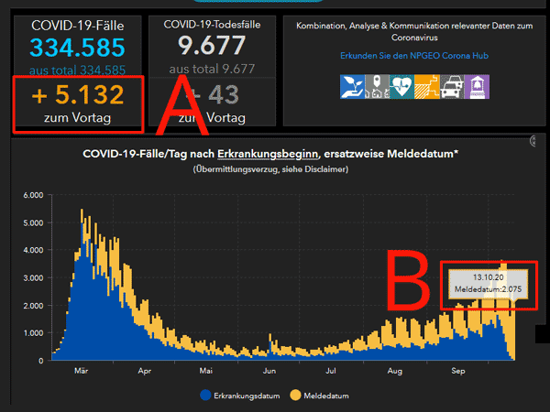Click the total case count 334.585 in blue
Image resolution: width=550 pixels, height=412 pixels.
[76, 49]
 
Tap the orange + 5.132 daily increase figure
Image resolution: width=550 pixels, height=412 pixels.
[77, 97]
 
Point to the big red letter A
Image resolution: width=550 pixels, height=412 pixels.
[181, 107]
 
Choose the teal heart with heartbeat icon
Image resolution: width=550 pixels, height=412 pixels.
[403, 85]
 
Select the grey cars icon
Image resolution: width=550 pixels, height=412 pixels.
[452, 85]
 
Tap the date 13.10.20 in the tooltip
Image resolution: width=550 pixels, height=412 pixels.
[487, 276]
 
